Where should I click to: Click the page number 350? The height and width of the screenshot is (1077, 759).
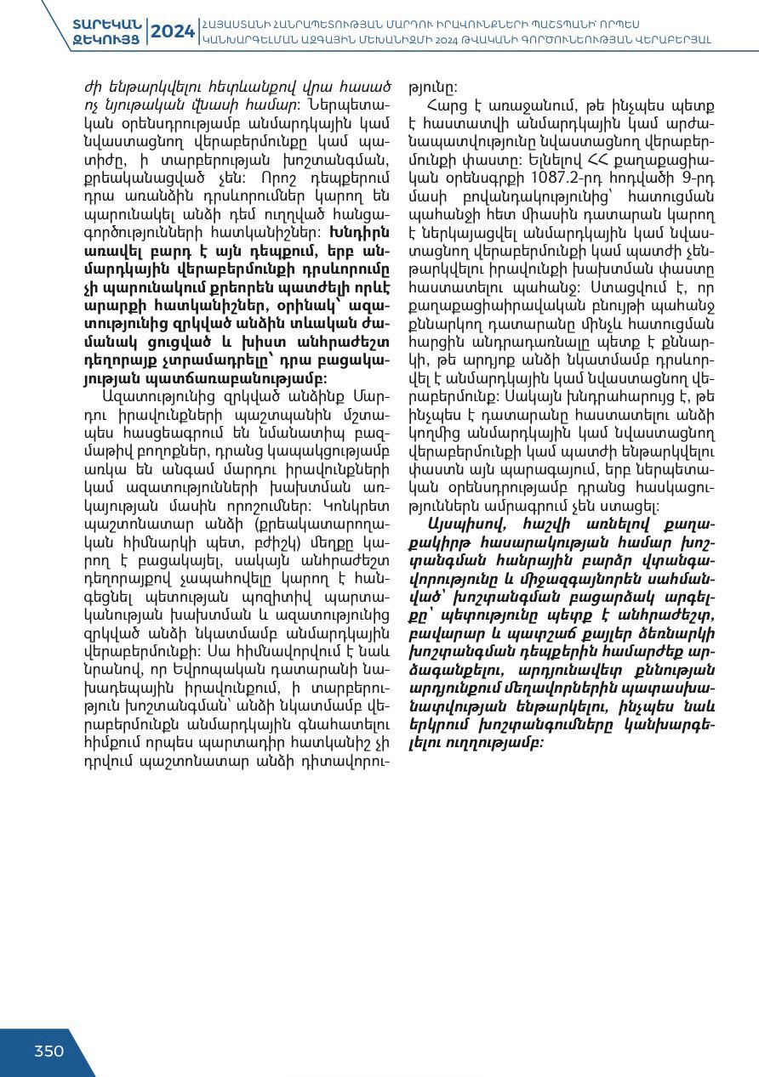coord(49,1051)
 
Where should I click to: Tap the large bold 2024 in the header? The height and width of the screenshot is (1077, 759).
coord(173,31)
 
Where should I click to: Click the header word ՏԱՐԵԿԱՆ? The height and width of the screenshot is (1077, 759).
coord(106,23)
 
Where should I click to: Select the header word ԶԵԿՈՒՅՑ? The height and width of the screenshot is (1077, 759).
coord(106,39)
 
